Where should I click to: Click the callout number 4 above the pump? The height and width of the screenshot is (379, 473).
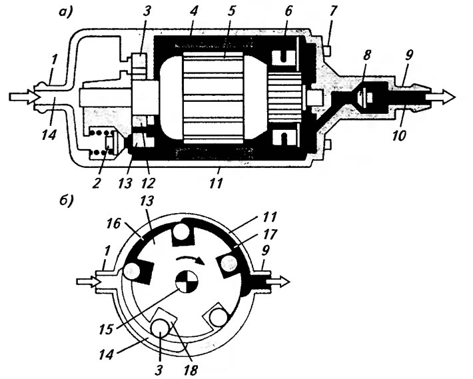tap(193, 11)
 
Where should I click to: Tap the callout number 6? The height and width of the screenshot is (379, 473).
tap(288, 11)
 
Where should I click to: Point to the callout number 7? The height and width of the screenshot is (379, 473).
tap(332, 11)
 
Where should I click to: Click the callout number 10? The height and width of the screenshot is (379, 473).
tap(400, 135)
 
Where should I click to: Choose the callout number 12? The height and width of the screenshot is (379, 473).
tap(148, 183)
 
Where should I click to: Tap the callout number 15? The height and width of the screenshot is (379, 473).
tap(107, 329)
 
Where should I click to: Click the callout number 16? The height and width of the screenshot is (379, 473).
tap(113, 223)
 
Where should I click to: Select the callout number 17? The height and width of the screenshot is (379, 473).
tap(269, 234)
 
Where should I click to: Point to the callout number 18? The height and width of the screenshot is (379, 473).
tap(191, 370)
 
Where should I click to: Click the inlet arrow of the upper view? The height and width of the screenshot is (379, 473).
tap(23, 97)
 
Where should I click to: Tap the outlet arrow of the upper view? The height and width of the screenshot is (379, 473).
tap(440, 97)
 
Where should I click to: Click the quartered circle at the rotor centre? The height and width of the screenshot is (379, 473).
tap(187, 281)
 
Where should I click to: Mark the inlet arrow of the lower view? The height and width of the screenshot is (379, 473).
tap(88, 281)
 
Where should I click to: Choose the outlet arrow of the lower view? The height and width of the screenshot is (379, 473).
tap(278, 281)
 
